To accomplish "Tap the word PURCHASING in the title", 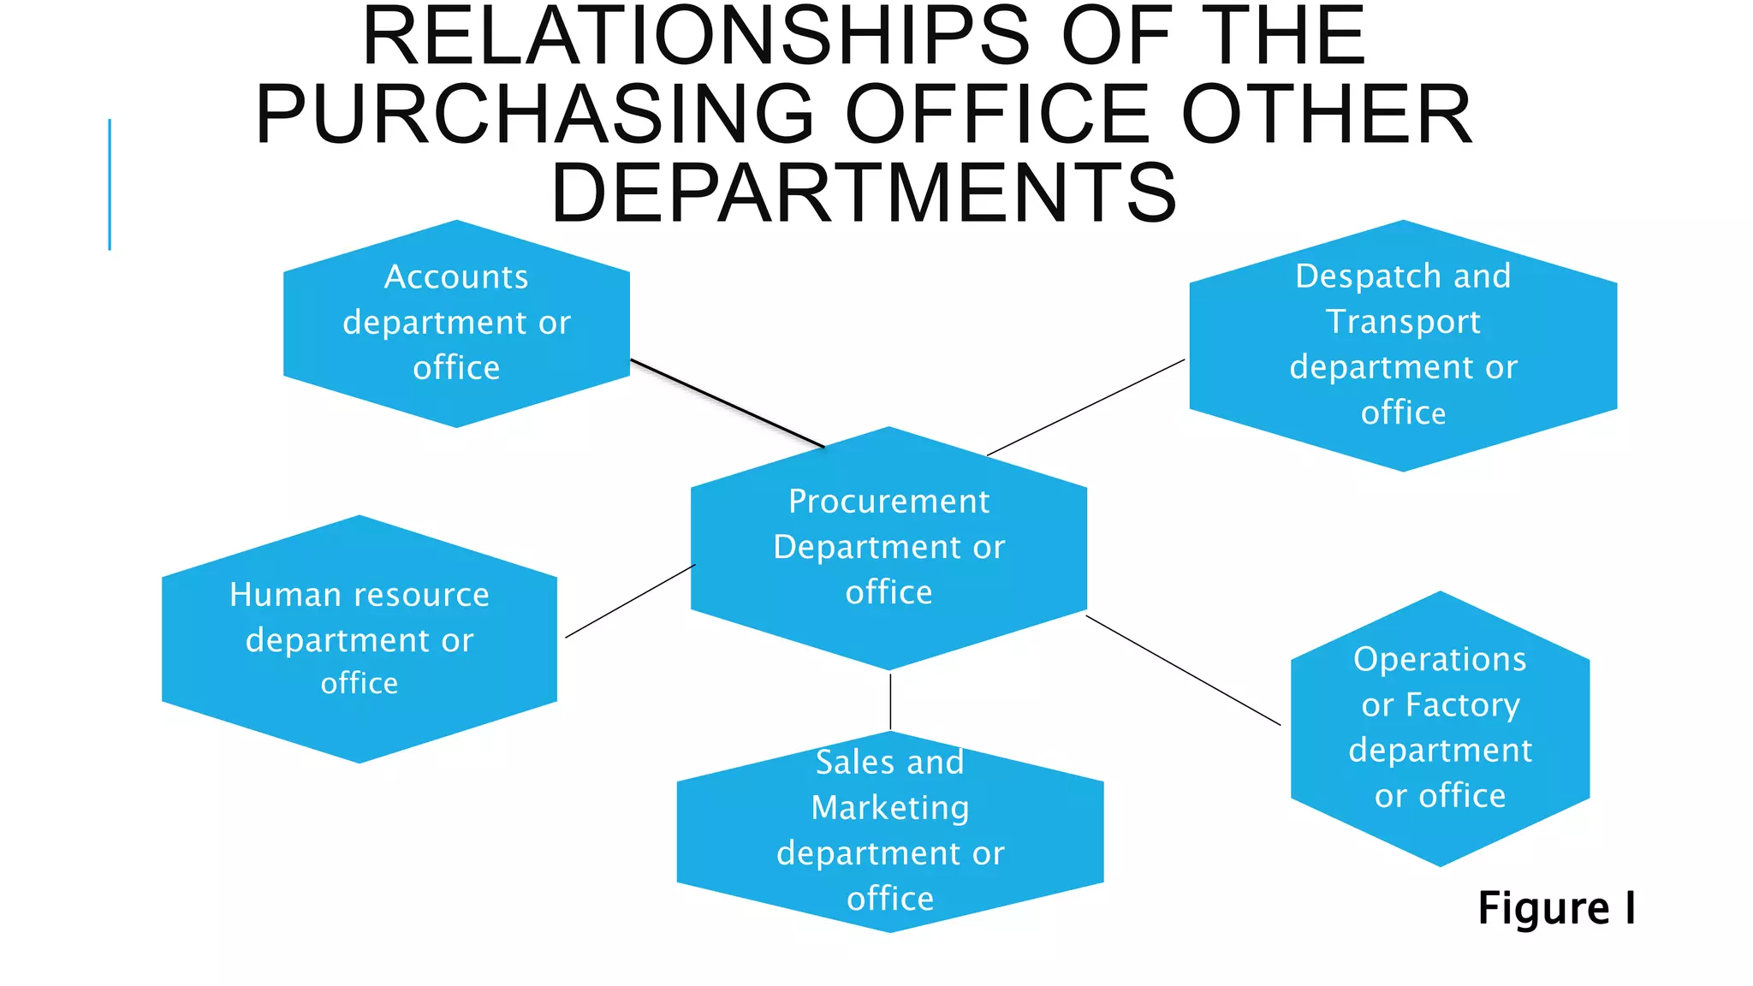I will tap(534, 115).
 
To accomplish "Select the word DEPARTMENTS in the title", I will tap(865, 193).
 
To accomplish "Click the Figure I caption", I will tap(1556, 908).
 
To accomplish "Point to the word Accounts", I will tap(456, 277).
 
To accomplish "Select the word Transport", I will tap(1403, 323).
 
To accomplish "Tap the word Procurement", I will tap(888, 502).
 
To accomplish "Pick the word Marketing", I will tap(890, 808).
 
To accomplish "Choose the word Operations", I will tap(1440, 660).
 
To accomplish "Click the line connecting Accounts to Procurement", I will tap(728, 403).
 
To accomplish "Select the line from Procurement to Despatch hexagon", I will tap(1085, 407).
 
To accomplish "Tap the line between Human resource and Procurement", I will tap(630, 601).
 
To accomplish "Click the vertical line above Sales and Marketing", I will tap(890, 702).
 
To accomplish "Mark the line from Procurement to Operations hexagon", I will tap(1183, 670).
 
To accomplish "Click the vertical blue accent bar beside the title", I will tap(110, 184).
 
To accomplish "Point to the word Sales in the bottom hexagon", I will tap(854, 763).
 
